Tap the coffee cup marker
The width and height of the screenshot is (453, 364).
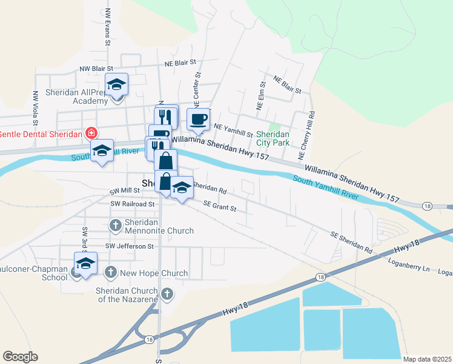coord(198,120)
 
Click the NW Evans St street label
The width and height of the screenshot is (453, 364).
coord(107,27)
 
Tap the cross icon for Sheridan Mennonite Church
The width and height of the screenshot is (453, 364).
coord(116,226)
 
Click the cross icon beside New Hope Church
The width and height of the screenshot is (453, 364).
coord(110,273)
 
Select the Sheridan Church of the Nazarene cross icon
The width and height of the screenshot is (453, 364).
coord(168,295)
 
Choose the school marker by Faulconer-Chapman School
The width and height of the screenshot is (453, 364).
coord(85,264)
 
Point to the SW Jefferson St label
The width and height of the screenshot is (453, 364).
coord(130,246)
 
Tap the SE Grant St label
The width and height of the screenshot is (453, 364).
coord(220,207)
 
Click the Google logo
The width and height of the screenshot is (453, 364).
coord(20,357)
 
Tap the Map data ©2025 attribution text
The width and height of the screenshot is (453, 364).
coord(426,359)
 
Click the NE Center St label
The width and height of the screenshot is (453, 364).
coord(197,88)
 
